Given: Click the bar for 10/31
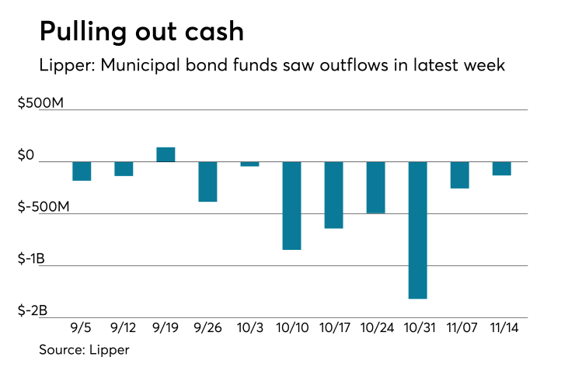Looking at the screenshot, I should (417, 230).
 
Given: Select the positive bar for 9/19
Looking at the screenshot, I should (166, 154).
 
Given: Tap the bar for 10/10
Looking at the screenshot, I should (291, 206).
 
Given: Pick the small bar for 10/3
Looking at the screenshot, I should (249, 164).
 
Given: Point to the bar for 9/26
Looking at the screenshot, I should (207, 182).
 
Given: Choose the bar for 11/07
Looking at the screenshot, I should (459, 175).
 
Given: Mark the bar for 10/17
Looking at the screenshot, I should (333, 195).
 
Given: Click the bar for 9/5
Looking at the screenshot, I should (82, 171).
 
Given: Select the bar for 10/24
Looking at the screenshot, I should (375, 187).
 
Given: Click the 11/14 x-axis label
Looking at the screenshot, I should (501, 327).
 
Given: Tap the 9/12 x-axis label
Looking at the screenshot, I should (124, 327).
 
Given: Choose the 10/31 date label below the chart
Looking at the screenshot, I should (417, 327).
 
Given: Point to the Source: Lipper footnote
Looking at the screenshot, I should (84, 350).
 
